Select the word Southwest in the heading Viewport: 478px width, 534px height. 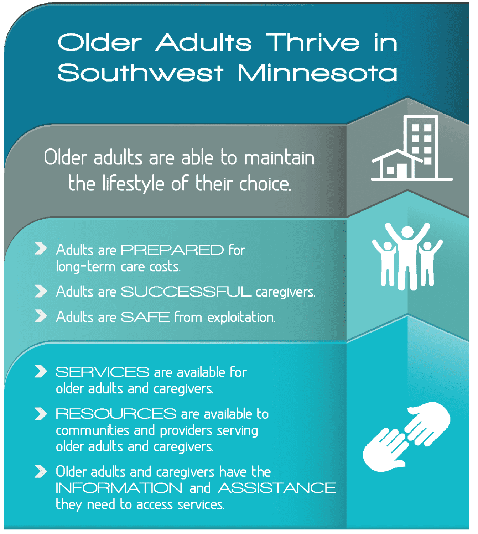140,73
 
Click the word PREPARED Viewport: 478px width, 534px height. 172,250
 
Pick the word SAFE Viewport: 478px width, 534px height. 145,317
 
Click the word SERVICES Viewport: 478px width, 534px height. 102,372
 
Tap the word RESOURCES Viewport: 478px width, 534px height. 116,414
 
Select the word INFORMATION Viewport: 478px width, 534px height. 119,488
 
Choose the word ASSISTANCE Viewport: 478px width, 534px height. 277,488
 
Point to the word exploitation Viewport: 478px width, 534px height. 241,317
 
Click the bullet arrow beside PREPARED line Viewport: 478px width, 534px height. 41,248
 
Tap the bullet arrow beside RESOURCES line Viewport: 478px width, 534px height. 41,414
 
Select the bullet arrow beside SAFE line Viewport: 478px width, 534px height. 41,316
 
